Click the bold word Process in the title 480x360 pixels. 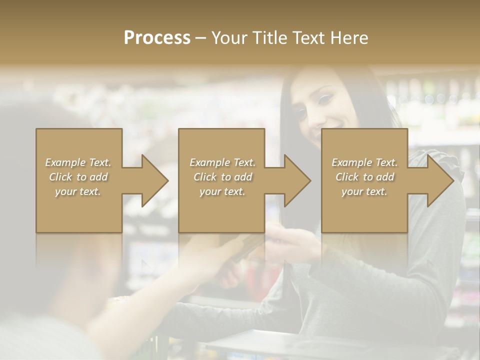click(x=157, y=38)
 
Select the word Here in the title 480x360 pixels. click(x=349, y=38)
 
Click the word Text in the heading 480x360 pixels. click(x=308, y=38)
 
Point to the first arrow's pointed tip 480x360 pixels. click(x=168, y=180)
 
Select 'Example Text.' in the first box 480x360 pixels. click(x=78, y=162)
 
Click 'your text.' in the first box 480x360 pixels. click(x=78, y=191)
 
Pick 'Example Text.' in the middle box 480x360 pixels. click(x=222, y=162)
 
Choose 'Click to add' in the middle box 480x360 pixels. click(x=222, y=177)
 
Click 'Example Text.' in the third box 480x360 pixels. click(x=364, y=162)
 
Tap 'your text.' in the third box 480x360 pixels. click(x=364, y=191)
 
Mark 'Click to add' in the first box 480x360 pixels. click(x=78, y=177)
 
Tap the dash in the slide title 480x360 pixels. click(x=201, y=38)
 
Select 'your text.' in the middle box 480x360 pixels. click(x=222, y=191)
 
